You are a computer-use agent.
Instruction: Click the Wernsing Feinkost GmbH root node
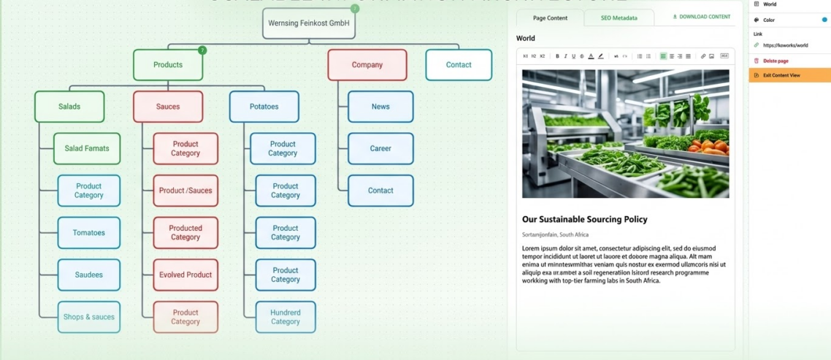pyautogui.click(x=309, y=23)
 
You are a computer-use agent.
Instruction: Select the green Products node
pyautogui.click(x=168, y=65)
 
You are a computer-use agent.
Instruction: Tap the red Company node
pyautogui.click(x=367, y=65)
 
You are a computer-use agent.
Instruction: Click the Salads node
pyautogui.click(x=69, y=107)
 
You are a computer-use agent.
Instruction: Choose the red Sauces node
pyautogui.click(x=168, y=107)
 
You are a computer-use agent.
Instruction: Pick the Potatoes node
pyautogui.click(x=264, y=107)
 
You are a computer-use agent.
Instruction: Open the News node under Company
pyautogui.click(x=380, y=107)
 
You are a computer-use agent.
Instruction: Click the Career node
pyautogui.click(x=380, y=148)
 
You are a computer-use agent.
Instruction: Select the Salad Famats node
pyautogui.click(x=87, y=148)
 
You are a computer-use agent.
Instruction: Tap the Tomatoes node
pyautogui.click(x=89, y=233)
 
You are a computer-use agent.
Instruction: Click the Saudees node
pyautogui.click(x=89, y=275)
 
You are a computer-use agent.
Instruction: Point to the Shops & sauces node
pyautogui.click(x=89, y=317)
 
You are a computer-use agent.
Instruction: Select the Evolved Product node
pyautogui.click(x=185, y=275)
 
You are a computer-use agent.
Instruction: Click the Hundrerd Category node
pyautogui.click(x=286, y=317)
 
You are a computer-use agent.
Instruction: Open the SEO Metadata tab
pyautogui.click(x=619, y=18)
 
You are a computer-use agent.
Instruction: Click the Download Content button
pyautogui.click(x=701, y=17)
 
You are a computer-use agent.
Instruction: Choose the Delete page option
pyautogui.click(x=776, y=61)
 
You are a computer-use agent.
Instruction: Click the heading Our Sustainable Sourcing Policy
pyautogui.click(x=584, y=219)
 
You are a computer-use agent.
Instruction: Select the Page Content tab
pyautogui.click(x=550, y=18)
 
